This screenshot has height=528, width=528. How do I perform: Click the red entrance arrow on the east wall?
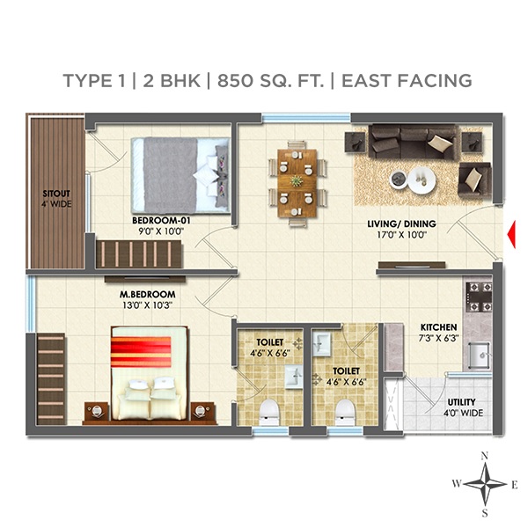[510, 233]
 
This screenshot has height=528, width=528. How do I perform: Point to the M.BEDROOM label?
[148, 294]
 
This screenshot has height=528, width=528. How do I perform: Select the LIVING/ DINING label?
[401, 224]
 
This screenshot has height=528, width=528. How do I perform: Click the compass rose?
[484, 482]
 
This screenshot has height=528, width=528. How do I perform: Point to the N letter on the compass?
[484, 455]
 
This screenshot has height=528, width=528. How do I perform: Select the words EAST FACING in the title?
[407, 80]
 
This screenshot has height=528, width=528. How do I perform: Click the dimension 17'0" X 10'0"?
[401, 236]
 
